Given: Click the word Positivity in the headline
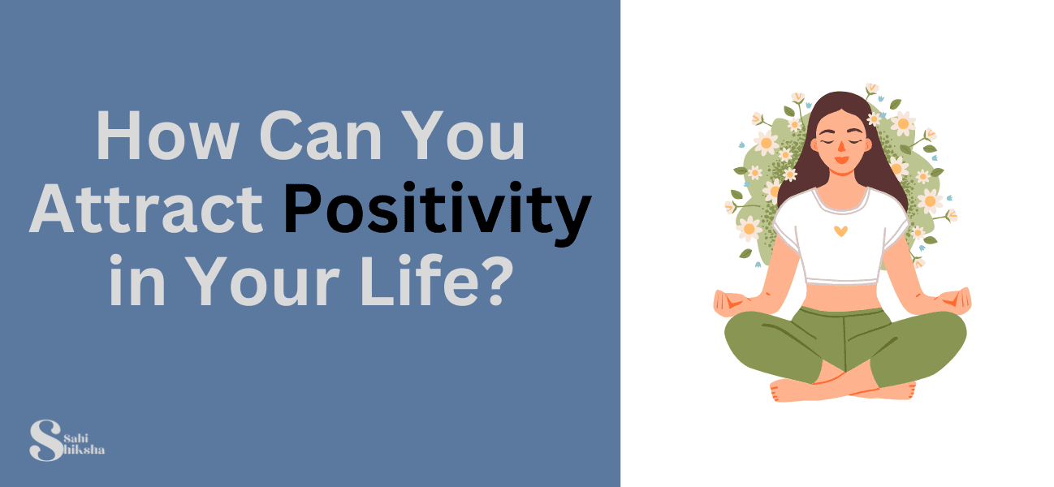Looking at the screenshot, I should tap(437, 210).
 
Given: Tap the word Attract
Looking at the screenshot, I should tap(152, 210).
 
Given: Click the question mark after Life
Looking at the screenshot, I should tap(497, 281).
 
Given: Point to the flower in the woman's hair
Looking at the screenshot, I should tap(874, 119).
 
